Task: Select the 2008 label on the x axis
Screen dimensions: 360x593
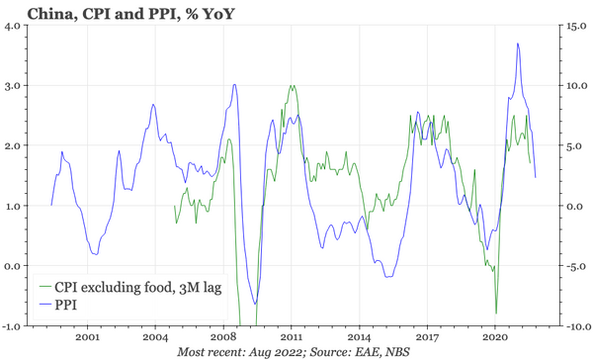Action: (222, 336)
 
